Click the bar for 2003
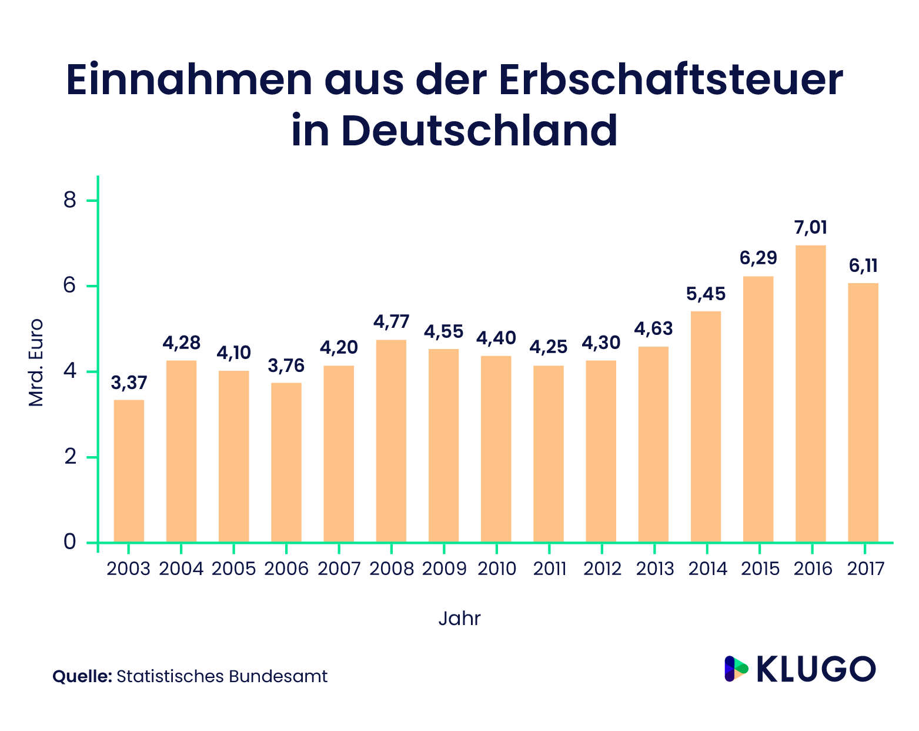[x=129, y=471]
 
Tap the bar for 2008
[x=391, y=441]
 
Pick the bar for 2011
[x=549, y=454]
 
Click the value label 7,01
[x=810, y=227]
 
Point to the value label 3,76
[x=286, y=366]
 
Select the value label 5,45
[x=706, y=294]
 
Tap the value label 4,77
[x=391, y=322]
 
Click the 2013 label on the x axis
[x=654, y=569]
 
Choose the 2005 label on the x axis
[x=233, y=569]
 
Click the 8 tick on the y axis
[x=70, y=201]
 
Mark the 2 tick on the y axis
[x=70, y=457]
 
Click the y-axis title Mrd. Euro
[x=36, y=362]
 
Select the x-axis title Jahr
[x=459, y=619]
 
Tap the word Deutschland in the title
[x=479, y=130]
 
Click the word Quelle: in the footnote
[x=82, y=676]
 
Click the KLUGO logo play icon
[x=736, y=669]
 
